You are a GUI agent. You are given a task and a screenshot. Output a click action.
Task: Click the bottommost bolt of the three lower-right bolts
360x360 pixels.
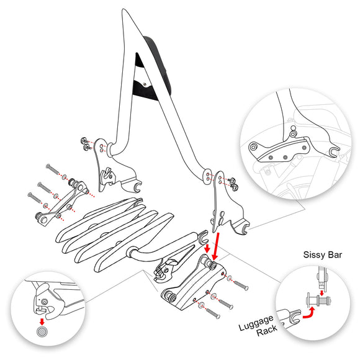pyautogui.click(x=212, y=313)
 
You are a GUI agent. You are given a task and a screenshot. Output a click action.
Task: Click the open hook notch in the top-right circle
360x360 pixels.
pyautogui.click(x=333, y=151)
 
